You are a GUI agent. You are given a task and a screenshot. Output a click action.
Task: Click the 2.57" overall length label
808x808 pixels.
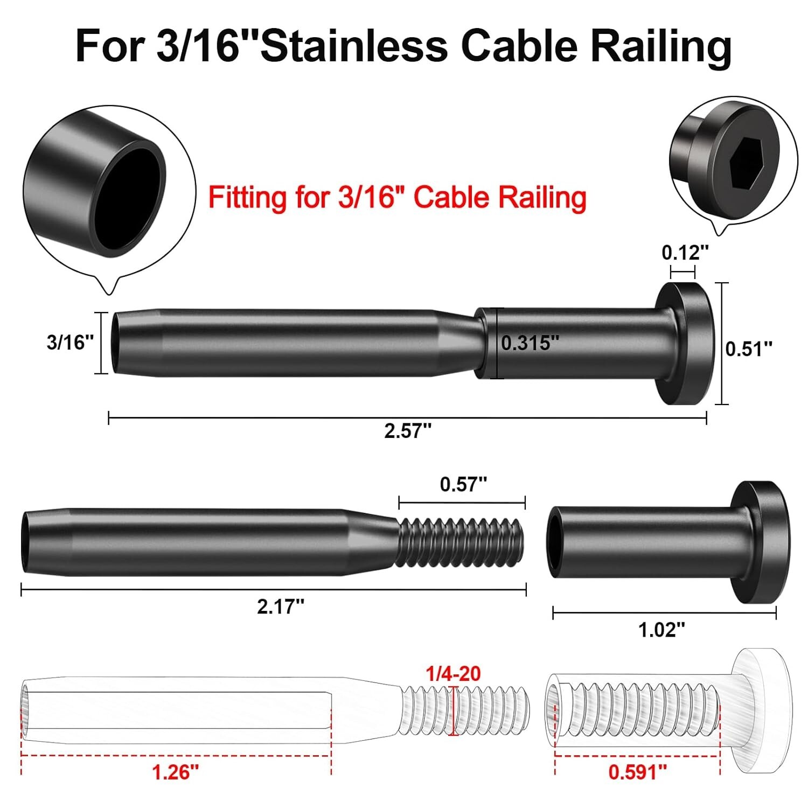coord(407,431)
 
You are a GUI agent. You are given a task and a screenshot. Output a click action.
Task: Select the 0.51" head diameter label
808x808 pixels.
coord(749,349)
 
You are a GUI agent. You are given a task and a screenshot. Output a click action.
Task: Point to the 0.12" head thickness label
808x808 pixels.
coord(685,252)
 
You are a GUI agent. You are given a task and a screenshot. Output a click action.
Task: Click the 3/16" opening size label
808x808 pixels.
coord(70,342)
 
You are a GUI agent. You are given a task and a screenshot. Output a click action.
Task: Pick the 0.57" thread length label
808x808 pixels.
coord(463,484)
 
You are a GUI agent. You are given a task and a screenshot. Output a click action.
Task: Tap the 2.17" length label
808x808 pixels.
coord(280,607)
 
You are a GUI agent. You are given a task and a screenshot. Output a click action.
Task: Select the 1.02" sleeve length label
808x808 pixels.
coord(661,629)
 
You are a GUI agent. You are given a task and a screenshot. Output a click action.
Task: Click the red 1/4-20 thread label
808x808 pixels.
coord(453,673)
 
